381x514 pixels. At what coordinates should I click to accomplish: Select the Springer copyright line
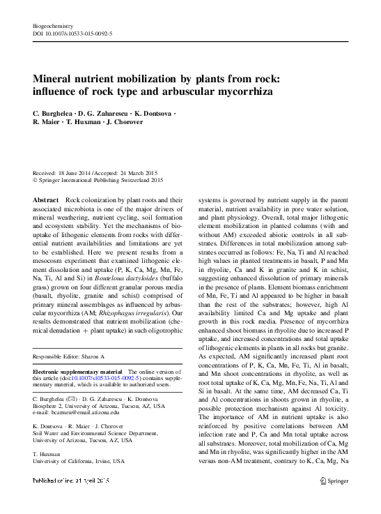click(x=98, y=180)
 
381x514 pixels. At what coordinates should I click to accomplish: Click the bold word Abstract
click(x=47, y=199)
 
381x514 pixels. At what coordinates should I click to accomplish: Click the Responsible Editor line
click(x=72, y=356)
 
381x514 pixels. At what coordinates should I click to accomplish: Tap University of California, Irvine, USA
click(x=79, y=461)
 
